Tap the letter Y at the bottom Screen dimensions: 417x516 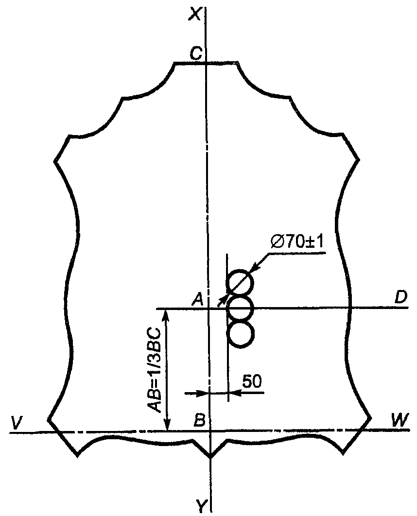[x=202, y=506]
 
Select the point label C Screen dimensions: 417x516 [x=196, y=53]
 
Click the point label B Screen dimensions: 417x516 [x=199, y=420]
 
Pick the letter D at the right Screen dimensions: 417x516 [x=401, y=297]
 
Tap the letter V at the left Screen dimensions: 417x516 [x=16, y=422]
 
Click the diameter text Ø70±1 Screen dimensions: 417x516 [x=297, y=243]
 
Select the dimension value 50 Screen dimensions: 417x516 [x=252, y=381]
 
